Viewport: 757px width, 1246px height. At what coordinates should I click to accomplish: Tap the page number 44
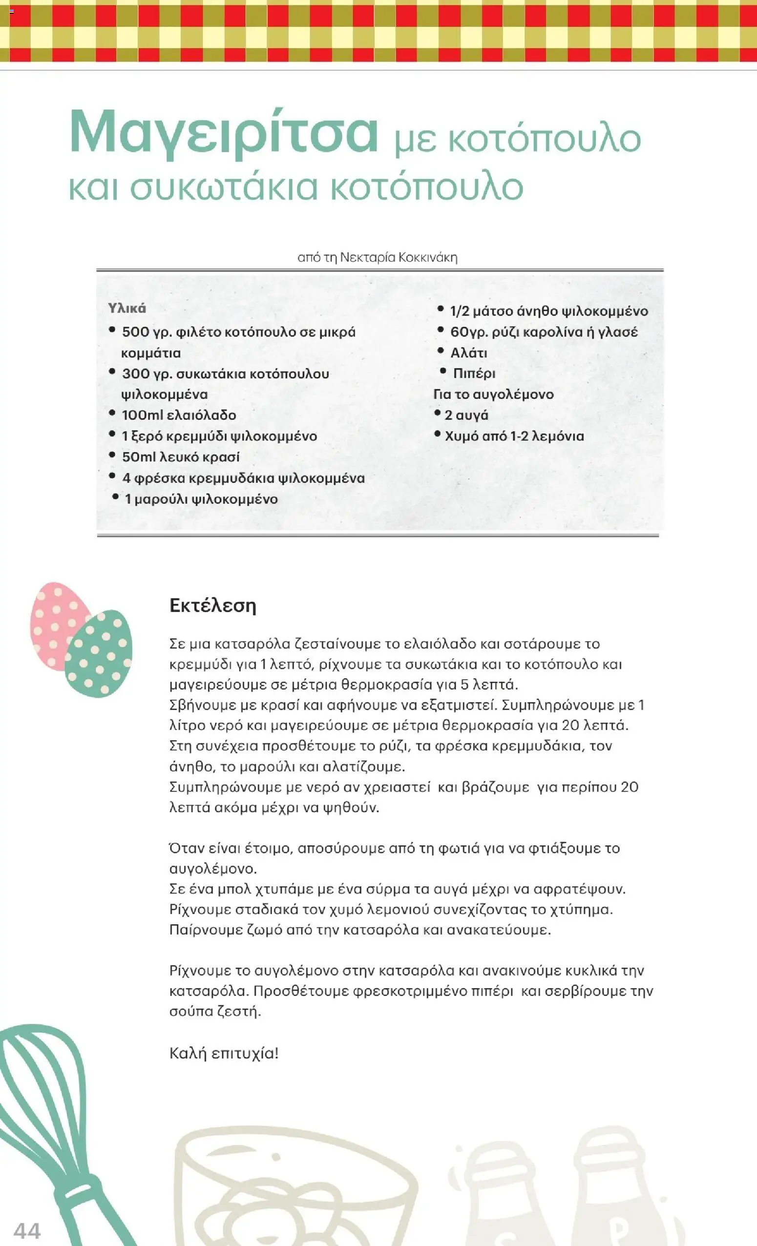(27, 1230)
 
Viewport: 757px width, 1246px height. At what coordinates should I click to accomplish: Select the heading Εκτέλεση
(212, 605)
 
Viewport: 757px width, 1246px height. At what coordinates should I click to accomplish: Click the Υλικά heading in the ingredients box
(127, 308)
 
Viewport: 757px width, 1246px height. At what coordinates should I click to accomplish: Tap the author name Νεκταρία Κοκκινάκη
(398, 257)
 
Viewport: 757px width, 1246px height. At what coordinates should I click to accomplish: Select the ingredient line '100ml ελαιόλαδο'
(178, 415)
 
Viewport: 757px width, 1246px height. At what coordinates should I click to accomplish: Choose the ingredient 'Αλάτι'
(468, 353)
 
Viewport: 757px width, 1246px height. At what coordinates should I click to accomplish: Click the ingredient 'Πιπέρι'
(474, 374)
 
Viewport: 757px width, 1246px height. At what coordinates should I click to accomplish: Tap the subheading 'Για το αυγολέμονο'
(493, 395)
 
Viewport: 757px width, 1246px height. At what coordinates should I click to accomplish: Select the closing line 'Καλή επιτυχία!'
(224, 1053)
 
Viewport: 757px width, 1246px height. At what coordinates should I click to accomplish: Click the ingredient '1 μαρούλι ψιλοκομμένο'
(201, 499)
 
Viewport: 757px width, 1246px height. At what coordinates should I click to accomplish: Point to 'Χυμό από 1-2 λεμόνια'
(514, 436)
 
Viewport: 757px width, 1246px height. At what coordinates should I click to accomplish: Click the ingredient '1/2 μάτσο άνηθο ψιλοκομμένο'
(548, 311)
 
